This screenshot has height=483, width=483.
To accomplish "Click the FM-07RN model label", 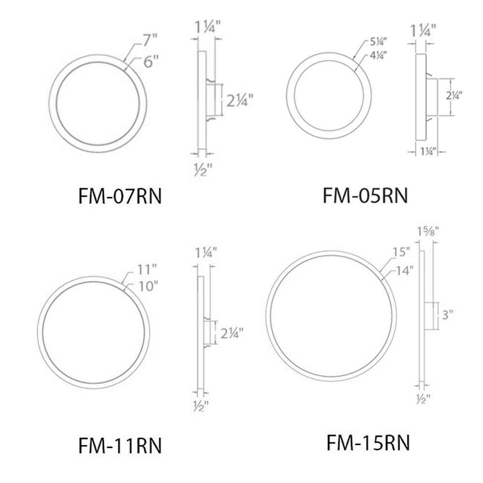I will [119, 197].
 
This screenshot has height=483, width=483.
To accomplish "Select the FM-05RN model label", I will [365, 196].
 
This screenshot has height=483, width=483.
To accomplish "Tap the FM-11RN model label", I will [120, 445].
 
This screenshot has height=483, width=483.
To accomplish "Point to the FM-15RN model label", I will [368, 442].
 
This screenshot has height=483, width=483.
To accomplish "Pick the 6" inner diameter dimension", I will [150, 61].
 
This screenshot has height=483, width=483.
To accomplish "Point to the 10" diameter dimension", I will [137, 286].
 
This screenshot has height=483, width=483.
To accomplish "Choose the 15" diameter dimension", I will [401, 252].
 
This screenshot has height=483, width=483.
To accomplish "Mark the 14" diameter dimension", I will [404, 270].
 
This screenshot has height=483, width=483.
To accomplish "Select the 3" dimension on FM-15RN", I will [448, 316].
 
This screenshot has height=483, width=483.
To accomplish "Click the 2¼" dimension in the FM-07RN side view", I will [240, 101].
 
